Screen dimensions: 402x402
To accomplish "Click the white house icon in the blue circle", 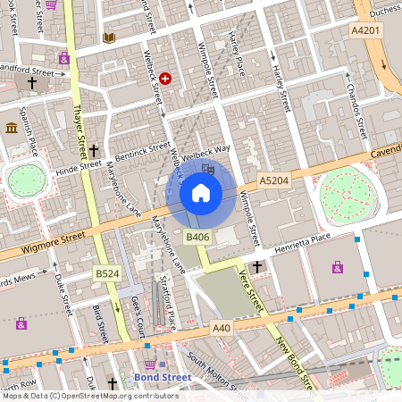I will (x=201, y=192).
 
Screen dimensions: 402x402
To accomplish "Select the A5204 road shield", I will (x=273, y=180).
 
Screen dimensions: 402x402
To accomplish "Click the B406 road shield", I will (x=197, y=237).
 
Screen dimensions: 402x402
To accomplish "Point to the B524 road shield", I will (x=107, y=272).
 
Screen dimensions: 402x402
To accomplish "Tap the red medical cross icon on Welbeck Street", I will (x=165, y=80).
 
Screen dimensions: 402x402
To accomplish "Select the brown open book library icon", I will (x=109, y=38).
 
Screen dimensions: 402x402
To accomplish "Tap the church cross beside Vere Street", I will (x=257, y=267).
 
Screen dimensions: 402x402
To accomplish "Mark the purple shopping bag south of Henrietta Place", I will (x=337, y=266).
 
